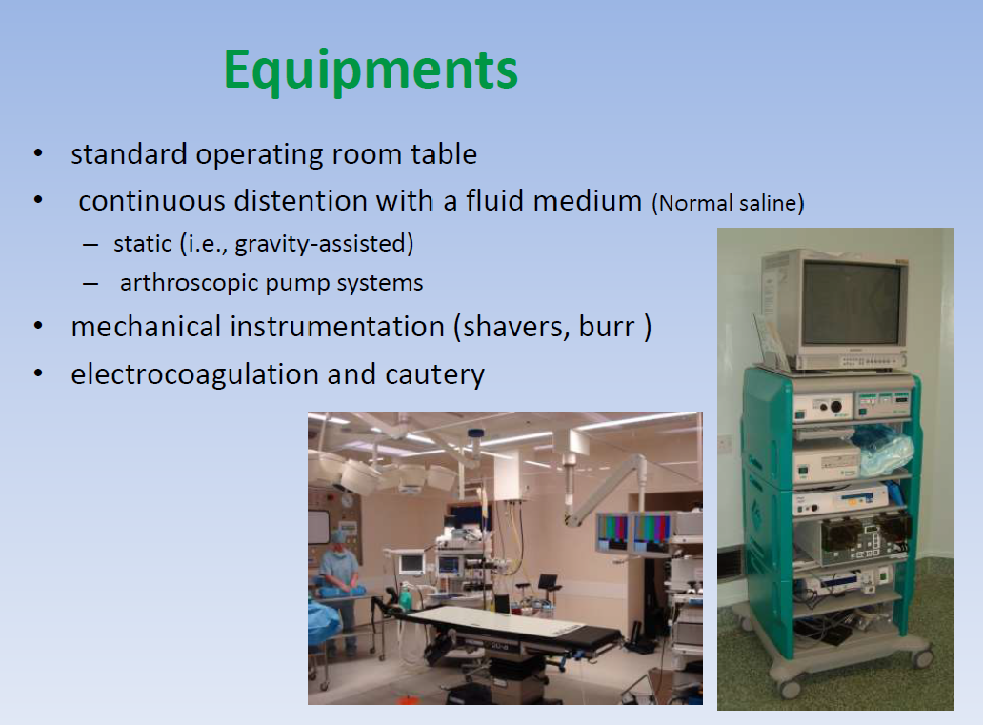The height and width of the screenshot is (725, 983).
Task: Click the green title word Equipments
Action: pyautogui.click(x=371, y=70)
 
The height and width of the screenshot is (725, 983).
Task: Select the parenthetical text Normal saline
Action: pyautogui.click(x=728, y=203)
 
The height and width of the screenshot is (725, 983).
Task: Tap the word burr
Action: pyautogui.click(x=606, y=328)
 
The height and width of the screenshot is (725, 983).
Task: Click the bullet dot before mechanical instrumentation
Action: pyautogui.click(x=38, y=326)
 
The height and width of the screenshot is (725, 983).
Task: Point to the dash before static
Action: pyautogui.click(x=90, y=245)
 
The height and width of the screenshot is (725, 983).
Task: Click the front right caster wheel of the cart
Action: pyautogui.click(x=922, y=657)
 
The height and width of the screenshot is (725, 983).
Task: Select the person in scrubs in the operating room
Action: pyautogui.click(x=339, y=583)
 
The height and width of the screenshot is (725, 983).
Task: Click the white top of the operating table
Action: pyautogui.click(x=494, y=620)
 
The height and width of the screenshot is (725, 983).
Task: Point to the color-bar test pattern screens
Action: pyautogui.click(x=633, y=532)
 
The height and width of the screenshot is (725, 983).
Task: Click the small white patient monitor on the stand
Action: pyautogui.click(x=411, y=564)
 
